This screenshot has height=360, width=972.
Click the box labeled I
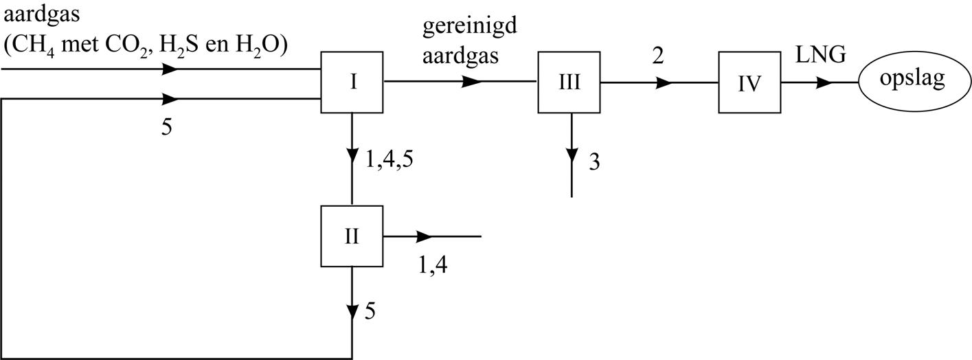[x=352, y=82]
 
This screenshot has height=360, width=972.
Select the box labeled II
[x=352, y=236]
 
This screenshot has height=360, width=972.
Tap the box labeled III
[x=569, y=82]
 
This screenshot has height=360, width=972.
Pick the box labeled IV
[x=749, y=82]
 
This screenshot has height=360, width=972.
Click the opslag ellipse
[x=912, y=78]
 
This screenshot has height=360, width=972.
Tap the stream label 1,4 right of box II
[x=433, y=265]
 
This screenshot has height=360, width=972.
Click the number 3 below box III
[x=594, y=164]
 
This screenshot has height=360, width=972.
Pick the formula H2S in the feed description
[x=177, y=47]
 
